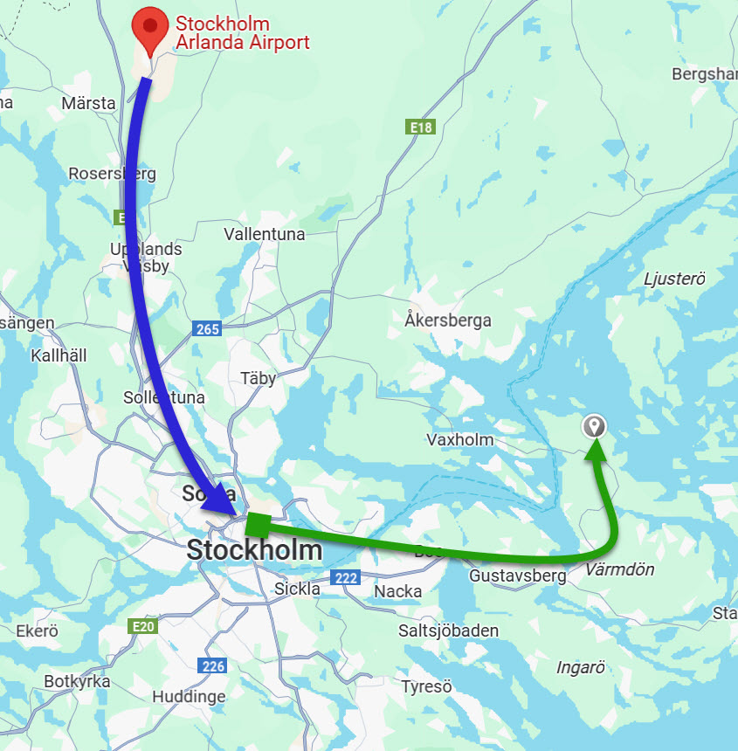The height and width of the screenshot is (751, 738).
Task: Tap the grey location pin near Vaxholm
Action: click(x=595, y=426)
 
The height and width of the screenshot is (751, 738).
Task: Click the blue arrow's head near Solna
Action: click(x=224, y=500)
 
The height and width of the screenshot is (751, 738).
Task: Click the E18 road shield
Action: click(x=422, y=127)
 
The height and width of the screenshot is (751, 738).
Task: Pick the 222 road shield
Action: click(x=345, y=577)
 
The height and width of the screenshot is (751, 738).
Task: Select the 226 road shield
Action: click(x=213, y=666)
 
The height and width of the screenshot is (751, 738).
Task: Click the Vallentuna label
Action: click(x=265, y=234)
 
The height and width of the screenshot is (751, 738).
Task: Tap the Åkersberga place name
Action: click(x=448, y=320)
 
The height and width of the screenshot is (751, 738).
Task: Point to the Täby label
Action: click(x=258, y=378)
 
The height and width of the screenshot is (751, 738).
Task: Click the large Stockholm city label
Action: click(x=254, y=550)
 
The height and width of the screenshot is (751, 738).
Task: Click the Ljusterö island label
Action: click(x=673, y=279)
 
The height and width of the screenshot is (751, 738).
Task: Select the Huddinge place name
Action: click(x=189, y=697)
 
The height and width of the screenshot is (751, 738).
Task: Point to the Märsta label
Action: click(x=88, y=103)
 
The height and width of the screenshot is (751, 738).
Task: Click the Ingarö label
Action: click(x=581, y=668)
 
